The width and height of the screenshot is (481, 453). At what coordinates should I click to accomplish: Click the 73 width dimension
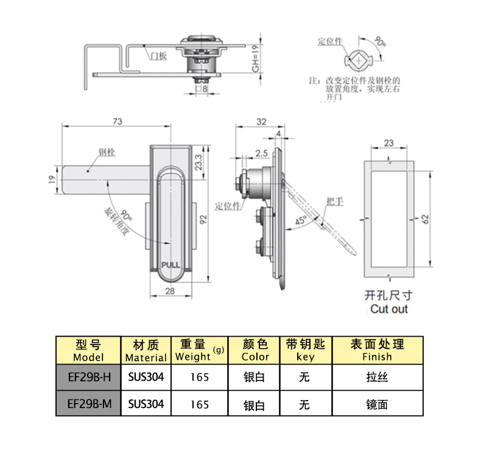point(117,122)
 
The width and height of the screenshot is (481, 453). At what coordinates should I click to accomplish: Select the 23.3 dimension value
point(198,161)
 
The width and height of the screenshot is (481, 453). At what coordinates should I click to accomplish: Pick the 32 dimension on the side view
point(261,122)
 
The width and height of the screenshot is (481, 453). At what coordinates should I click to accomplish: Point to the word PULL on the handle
point(170,264)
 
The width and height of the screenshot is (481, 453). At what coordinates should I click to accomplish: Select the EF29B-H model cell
point(89,377)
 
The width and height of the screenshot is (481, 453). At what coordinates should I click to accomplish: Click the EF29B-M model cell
point(89,404)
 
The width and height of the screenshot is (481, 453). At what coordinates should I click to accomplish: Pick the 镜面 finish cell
point(377,404)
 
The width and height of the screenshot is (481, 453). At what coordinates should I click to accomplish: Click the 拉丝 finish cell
point(377,377)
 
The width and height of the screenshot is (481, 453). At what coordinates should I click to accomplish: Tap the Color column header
point(255,350)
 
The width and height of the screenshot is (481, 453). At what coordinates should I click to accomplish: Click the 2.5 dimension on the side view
point(262,152)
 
